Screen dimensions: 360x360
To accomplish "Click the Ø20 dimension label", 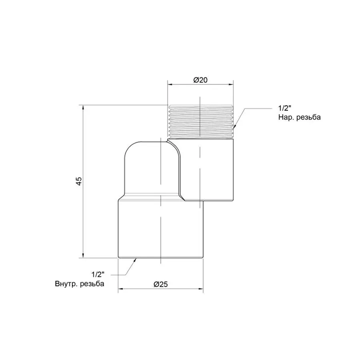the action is click(200, 80).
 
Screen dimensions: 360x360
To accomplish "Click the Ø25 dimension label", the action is click(161, 284).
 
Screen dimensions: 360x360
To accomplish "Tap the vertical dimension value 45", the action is click(79, 181).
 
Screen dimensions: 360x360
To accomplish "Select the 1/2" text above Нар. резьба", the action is click(285, 108).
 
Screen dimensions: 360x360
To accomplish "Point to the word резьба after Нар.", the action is click(308, 117).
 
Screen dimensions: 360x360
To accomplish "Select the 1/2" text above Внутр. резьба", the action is click(98, 274).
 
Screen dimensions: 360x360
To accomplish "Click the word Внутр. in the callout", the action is click(66, 284).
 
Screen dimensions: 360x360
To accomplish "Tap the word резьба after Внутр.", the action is click(92, 284).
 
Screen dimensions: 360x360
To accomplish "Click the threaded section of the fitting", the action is click(201, 122).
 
